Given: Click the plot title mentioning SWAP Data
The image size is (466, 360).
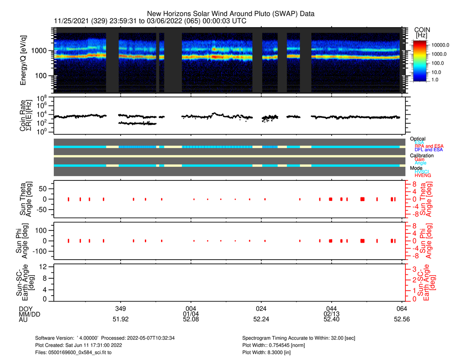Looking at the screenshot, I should point(230,14).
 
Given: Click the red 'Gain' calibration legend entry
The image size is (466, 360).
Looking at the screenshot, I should point(420,159).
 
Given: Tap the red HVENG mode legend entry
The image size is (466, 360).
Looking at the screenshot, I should point(422,175).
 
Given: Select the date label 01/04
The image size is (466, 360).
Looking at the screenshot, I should point(191,314).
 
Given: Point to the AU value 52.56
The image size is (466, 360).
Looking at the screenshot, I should point(402,320).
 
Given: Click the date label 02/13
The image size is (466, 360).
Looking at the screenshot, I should point(331,314).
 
